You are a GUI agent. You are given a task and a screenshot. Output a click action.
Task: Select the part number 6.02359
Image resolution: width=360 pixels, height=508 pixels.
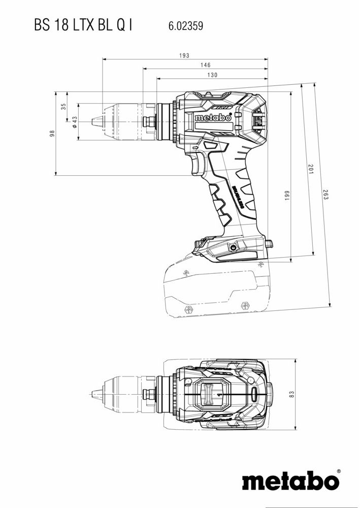point(185,26)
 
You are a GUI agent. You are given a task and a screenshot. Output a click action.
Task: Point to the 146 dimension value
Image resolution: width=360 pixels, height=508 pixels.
point(205,65)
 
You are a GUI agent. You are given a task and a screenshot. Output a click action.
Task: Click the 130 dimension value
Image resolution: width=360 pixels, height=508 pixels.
point(212,75)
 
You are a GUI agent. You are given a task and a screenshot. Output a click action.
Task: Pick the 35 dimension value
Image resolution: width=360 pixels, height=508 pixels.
point(63,107)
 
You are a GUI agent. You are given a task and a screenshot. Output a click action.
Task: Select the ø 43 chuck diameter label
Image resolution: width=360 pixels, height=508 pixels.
point(75,122)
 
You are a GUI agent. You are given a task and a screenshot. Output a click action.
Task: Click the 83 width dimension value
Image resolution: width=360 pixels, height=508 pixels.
point(292,394)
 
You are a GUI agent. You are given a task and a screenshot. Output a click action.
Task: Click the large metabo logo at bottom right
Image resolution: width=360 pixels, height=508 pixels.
point(289,481)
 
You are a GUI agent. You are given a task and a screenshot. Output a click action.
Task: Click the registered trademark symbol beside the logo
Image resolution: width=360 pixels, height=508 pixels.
point(339,471)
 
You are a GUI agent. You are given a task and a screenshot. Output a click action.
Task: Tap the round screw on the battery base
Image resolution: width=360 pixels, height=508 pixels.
point(233,248)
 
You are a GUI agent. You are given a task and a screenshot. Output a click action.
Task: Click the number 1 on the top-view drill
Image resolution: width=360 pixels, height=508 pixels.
point(218,394)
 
